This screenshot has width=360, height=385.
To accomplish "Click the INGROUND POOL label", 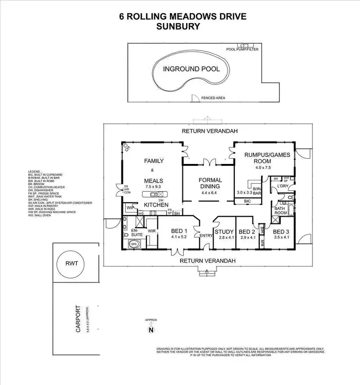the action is click(x=191, y=69).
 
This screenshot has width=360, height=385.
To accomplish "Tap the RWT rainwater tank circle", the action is click(x=75, y=263).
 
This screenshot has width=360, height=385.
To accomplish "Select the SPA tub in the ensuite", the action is click(x=134, y=244).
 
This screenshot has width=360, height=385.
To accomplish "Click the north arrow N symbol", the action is click(x=151, y=329).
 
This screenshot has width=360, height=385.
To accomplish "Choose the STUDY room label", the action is click(x=224, y=232).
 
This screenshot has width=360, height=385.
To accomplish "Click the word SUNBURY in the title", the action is click(x=178, y=27).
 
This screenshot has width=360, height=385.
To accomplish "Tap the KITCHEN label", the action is click(x=156, y=205).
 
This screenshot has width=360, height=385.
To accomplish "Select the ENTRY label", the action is click(x=206, y=235).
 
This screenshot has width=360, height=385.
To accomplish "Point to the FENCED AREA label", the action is click(x=213, y=98).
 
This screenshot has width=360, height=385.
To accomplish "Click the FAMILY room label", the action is click(x=155, y=161).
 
